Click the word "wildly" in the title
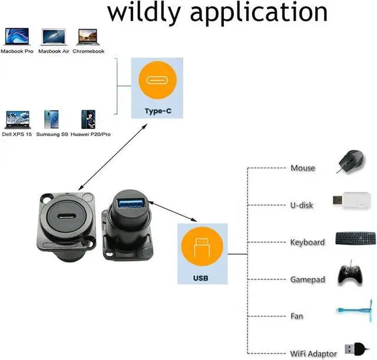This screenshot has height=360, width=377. tap(153, 13)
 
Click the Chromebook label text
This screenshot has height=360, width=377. tap(88, 51)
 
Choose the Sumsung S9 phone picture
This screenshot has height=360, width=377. tap(51, 120)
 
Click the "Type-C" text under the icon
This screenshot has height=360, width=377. tap(157, 111)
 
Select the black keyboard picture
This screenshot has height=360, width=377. tap(356, 238)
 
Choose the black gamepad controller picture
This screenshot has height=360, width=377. tap(352, 275)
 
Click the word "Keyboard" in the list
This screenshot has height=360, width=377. tap(307, 242)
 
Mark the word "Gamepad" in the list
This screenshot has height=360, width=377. tap(307, 279)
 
